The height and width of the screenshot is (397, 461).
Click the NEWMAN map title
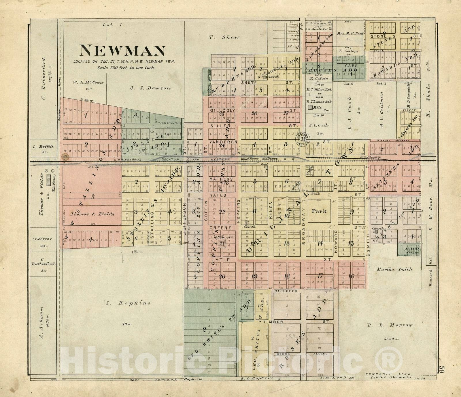point(122,51)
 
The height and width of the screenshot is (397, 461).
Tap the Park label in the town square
point(319,211)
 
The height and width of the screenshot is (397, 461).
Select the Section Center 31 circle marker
point(303,139)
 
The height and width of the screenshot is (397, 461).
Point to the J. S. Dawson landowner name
point(150,88)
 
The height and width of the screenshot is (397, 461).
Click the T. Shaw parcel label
point(224,37)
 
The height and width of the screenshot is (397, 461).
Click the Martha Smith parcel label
point(394,269)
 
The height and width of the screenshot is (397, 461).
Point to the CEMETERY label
point(42,239)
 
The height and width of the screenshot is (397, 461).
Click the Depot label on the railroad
point(272,159)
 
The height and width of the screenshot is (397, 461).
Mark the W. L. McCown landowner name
point(88,83)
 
